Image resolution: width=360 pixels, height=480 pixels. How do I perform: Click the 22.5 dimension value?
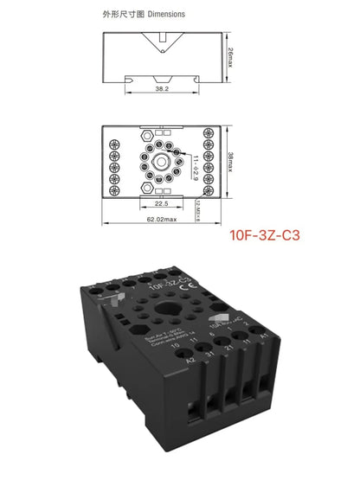coord(161,205)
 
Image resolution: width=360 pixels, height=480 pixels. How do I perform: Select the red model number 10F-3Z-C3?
coord(265,234)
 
